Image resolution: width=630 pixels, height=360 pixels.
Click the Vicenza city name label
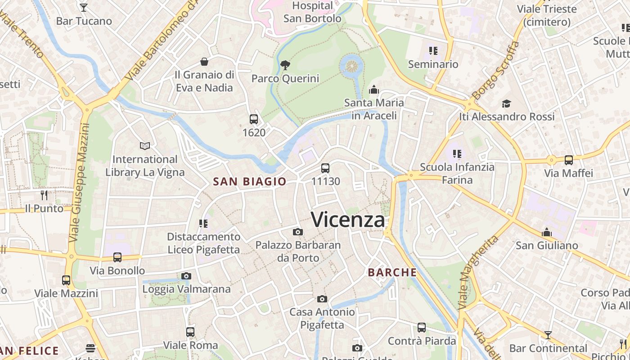pyautogui.click(x=348, y=220)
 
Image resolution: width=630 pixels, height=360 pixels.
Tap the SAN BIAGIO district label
pyautogui.click(x=249, y=181)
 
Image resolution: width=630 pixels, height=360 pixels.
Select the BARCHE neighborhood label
pyautogui.click(x=392, y=272)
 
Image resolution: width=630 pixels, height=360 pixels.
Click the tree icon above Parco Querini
pyautogui.click(x=285, y=65)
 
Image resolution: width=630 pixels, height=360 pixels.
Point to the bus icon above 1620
pyautogui.click(x=254, y=119)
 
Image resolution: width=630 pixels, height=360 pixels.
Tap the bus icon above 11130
pyautogui.click(x=325, y=168)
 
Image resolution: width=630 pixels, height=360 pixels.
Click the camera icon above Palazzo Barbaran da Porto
pyautogui.click(x=297, y=232)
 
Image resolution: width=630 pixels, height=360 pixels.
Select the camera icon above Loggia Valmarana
pyautogui.click(x=186, y=276)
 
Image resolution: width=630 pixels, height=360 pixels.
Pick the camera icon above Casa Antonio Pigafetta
pyautogui.click(x=322, y=299)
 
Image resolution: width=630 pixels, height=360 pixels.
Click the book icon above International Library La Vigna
pyautogui.click(x=145, y=146)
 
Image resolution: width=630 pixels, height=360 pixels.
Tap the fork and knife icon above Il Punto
pyautogui.click(x=44, y=195)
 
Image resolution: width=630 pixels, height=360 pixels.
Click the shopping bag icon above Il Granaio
pyautogui.click(x=204, y=62)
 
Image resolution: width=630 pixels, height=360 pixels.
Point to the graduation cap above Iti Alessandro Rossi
pyautogui.click(x=507, y=103)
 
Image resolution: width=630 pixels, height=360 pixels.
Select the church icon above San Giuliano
pyautogui.click(x=547, y=232)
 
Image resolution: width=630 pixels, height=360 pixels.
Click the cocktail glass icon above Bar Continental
pyautogui.click(x=548, y=335)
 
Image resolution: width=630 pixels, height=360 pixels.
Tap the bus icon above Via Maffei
pyautogui.click(x=569, y=160)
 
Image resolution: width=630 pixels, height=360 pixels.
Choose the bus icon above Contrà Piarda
pyautogui.click(x=422, y=328)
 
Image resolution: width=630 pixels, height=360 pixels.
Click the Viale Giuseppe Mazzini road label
pyautogui.click(x=78, y=182)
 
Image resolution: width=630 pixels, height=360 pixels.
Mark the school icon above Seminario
pyautogui.click(x=433, y=51)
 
